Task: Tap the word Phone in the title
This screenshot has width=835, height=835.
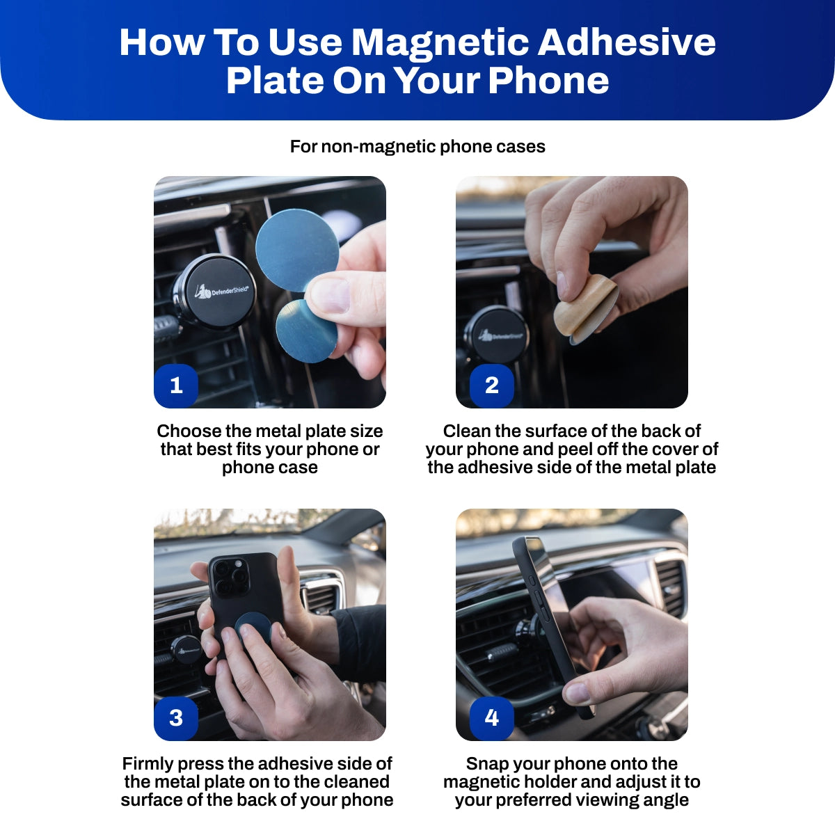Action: coord(548,80)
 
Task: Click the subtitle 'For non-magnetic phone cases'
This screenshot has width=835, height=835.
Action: coord(417,147)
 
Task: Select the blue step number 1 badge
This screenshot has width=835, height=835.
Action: coord(176,385)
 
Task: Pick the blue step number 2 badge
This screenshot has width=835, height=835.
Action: coord(491,385)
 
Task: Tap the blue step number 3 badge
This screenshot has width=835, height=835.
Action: coord(176,717)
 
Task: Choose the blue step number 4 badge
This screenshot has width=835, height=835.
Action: coord(491,717)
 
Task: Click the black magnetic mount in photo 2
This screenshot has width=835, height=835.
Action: coord(495,335)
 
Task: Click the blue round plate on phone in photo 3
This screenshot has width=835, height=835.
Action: coord(255,626)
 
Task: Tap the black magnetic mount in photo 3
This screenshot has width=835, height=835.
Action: coord(186,650)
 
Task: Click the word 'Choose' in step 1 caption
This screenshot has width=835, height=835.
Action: coord(183,431)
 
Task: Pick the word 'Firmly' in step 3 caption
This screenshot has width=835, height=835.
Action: coord(147,763)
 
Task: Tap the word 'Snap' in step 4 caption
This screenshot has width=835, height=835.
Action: coord(486,763)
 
